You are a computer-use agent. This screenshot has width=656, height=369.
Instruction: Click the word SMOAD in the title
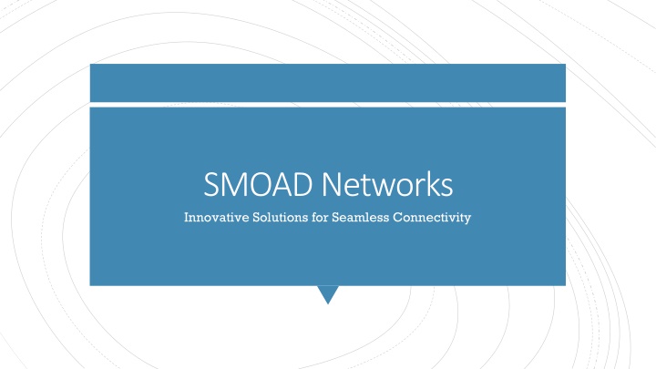[258, 184]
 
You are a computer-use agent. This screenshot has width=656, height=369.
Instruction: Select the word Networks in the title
[387, 184]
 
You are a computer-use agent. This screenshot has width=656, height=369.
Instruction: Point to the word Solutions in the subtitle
[281, 217]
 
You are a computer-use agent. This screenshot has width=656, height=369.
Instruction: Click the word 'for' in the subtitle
[320, 217]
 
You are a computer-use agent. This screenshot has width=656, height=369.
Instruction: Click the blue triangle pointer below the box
[328, 292]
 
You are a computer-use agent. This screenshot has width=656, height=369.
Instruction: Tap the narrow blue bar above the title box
[328, 83]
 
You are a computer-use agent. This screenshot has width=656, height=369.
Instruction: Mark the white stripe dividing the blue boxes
[328, 105]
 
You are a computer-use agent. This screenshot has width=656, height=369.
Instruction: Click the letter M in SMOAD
[235, 184]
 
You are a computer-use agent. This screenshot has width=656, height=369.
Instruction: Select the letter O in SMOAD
[262, 184]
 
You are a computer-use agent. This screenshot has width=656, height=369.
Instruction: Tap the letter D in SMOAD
[304, 184]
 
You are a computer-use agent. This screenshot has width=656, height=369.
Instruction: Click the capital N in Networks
[333, 184]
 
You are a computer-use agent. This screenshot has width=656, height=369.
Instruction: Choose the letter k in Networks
[432, 183]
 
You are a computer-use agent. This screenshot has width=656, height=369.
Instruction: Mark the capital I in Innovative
[187, 217]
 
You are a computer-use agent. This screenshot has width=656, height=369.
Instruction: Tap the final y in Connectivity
[467, 220]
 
